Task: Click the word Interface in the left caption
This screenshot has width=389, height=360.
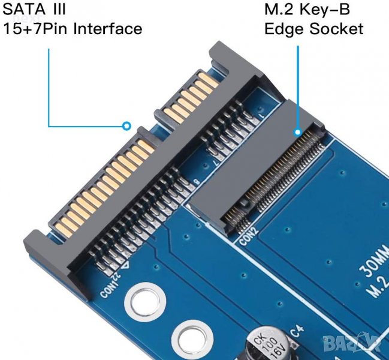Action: click(x=108, y=29)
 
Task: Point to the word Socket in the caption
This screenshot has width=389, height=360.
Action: click(x=339, y=29)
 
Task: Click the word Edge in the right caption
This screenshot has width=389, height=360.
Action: click(x=285, y=29)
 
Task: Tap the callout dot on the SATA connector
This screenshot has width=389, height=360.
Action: click(x=126, y=126)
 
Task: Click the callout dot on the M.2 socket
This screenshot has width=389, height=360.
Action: click(x=297, y=131)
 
